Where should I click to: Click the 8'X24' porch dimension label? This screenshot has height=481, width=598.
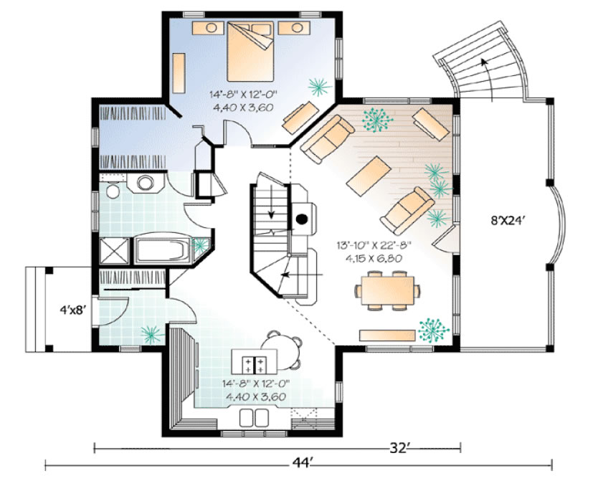click(x=506, y=221)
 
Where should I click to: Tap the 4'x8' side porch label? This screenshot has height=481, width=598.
click(x=71, y=310)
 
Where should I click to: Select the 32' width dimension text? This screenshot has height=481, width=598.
click(x=399, y=448)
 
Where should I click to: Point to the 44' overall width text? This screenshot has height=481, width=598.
click(x=303, y=462)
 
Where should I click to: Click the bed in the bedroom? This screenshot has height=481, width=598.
click(x=250, y=51)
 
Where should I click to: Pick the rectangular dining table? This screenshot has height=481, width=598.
click(x=387, y=290)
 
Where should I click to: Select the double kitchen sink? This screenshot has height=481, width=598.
click(x=254, y=418)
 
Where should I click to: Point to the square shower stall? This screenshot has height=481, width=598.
click(x=115, y=250)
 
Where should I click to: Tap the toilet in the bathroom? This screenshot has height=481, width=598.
click(x=113, y=191)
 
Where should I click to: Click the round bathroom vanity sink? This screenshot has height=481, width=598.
click(x=146, y=183)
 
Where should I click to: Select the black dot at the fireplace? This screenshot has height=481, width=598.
click(x=302, y=219)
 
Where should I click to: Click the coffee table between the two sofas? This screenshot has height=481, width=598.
click(x=369, y=176)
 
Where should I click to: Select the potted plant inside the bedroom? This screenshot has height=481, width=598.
click(x=319, y=87)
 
